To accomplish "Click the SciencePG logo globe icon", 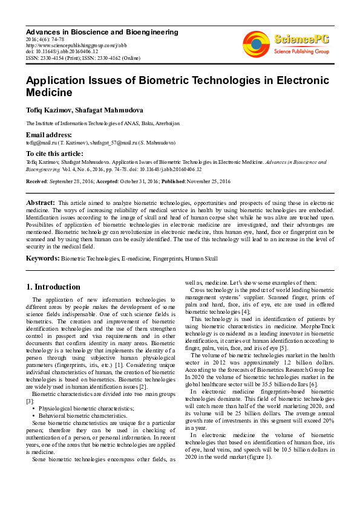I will coord(256,43).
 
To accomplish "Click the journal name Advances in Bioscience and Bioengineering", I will coord(102,32).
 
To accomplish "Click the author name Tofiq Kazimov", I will coord(49,109).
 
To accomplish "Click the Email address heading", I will coord(48,135).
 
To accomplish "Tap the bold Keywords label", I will coord(42,259).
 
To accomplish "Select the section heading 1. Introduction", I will coord(54,287).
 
